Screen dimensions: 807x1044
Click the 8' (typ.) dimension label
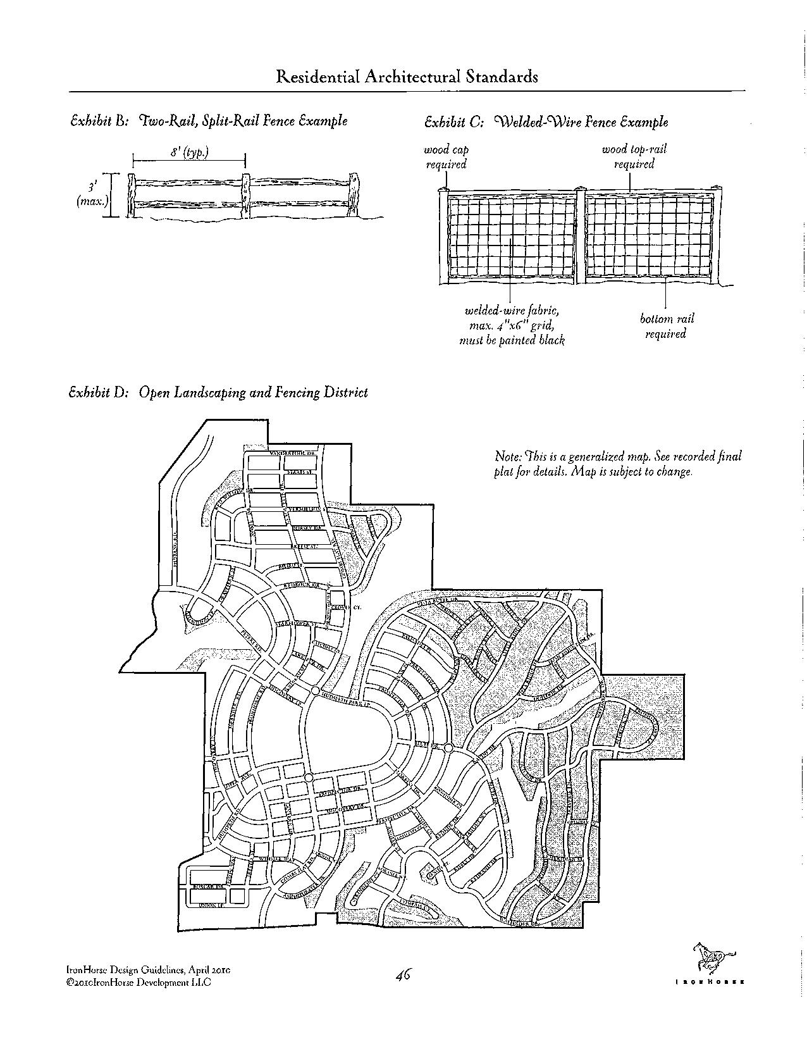tap(189, 152)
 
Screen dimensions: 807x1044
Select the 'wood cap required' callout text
tap(446, 157)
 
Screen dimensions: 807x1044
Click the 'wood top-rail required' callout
tap(633, 157)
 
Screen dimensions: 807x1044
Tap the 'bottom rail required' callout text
tap(666, 326)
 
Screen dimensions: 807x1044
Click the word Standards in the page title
tap(500, 77)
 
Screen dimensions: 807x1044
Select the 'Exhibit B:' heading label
tap(100, 120)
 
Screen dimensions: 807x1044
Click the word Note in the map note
tap(508, 456)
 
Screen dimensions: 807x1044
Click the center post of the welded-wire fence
tap(581, 235)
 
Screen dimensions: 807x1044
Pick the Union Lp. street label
tap(209, 906)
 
